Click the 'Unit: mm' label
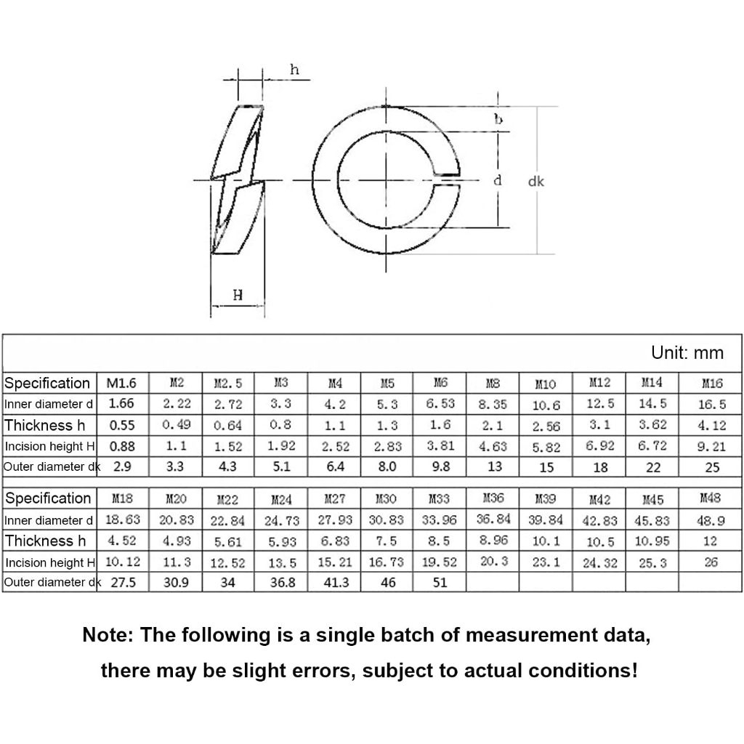687,353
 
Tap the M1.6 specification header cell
122,383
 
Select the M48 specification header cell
711,498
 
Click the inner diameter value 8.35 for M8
493,404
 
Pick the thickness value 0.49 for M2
175,425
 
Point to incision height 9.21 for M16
711,447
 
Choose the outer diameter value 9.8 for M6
441,467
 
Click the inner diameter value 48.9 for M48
711,520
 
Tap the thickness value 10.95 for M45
652,541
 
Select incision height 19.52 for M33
440,563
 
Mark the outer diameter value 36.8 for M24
281,583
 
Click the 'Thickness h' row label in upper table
45,425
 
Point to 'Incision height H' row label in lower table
49,562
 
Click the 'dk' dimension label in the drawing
536,182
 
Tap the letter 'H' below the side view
238,295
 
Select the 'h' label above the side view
294,70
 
